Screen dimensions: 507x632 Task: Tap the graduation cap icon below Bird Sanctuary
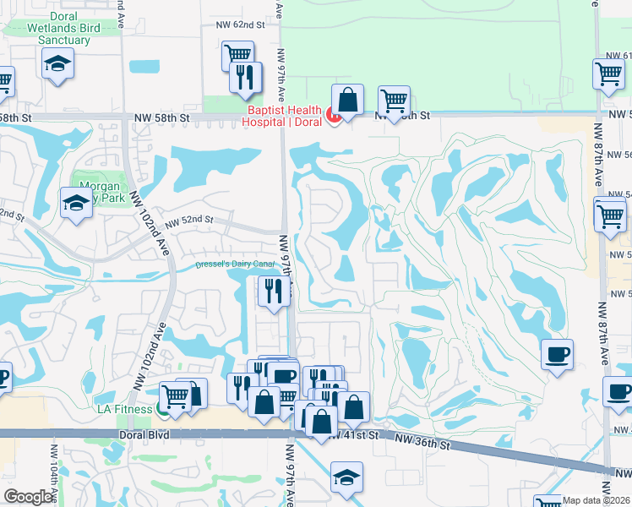[58, 63]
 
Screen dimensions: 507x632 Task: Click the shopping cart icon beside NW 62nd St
[237, 56]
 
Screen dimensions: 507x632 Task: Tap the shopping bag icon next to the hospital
[347, 100]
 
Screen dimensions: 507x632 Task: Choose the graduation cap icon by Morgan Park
[76, 202]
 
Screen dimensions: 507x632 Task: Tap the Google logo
[29, 498]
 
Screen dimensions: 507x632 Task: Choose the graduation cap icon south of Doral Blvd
[346, 477]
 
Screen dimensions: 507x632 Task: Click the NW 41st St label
[353, 434]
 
